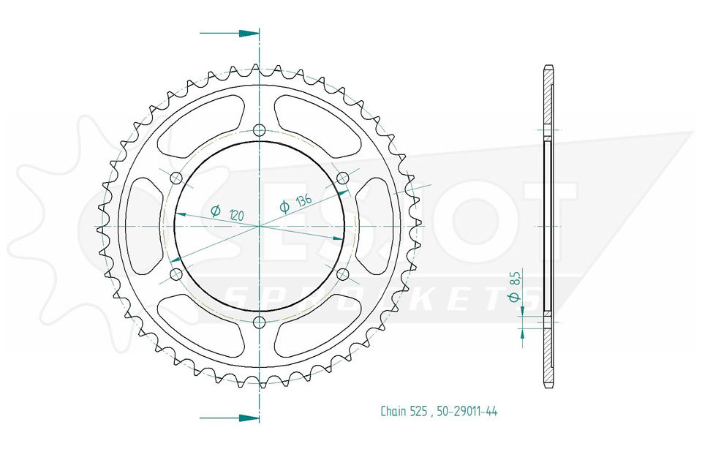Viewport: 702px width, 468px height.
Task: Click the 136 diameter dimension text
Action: point(295,203)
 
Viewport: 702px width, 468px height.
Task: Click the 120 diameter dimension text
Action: point(228,212)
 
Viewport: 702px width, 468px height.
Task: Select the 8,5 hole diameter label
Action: point(514,286)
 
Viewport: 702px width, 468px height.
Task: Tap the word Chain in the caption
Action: point(393,411)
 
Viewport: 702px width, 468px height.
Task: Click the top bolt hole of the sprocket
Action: point(259,130)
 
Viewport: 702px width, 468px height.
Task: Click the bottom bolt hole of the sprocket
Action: point(259,322)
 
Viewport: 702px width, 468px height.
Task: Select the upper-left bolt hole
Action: point(176,178)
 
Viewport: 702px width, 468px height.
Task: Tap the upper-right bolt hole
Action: point(342,178)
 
